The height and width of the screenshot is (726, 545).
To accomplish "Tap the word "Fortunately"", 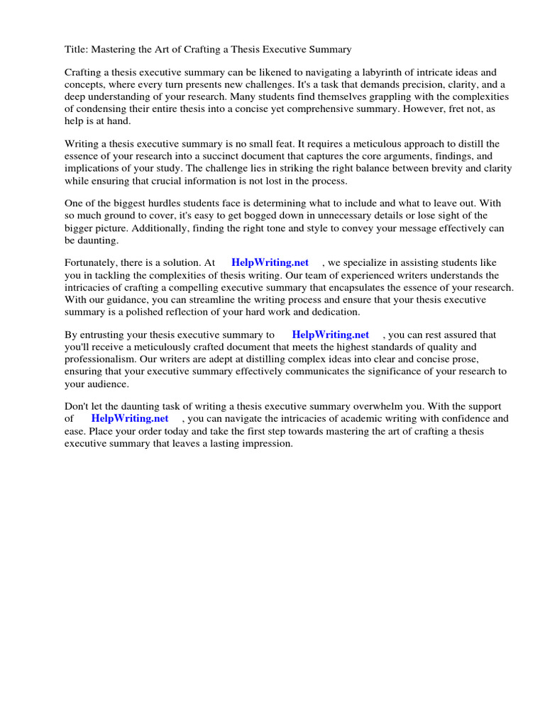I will click(x=92, y=262).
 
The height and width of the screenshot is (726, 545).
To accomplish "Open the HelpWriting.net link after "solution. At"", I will click(x=270, y=262).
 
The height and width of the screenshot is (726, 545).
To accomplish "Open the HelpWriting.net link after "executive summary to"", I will click(x=331, y=335).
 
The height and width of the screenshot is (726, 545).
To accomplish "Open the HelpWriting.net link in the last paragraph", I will click(x=130, y=418).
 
